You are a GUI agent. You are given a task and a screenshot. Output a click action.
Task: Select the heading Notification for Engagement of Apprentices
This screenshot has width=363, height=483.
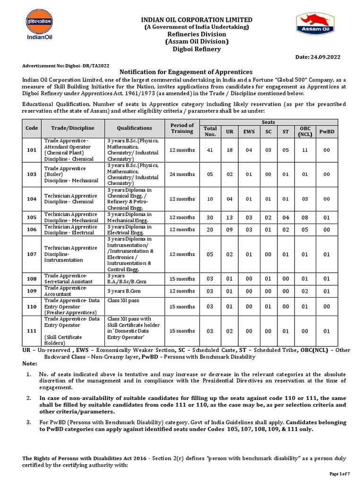(x=186, y=72)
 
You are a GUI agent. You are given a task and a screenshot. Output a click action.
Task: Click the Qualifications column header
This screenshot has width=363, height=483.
(x=134, y=128)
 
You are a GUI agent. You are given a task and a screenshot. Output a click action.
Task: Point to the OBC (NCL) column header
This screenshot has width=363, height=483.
(x=305, y=131)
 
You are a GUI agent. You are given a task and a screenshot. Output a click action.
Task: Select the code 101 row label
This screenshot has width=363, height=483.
(x=32, y=150)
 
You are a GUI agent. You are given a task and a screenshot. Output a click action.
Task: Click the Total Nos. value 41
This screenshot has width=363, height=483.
(x=210, y=150)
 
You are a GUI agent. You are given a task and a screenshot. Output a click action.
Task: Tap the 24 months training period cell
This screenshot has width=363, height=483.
(x=182, y=174)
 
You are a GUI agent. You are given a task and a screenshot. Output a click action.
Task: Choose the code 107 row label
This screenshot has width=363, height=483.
(x=32, y=254)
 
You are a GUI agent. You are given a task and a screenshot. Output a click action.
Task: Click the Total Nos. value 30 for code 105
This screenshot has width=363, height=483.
(x=210, y=217)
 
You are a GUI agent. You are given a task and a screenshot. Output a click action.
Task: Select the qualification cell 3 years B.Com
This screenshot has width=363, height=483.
(x=124, y=291)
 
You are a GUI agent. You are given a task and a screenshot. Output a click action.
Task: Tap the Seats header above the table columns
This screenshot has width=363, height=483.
(x=269, y=122)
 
